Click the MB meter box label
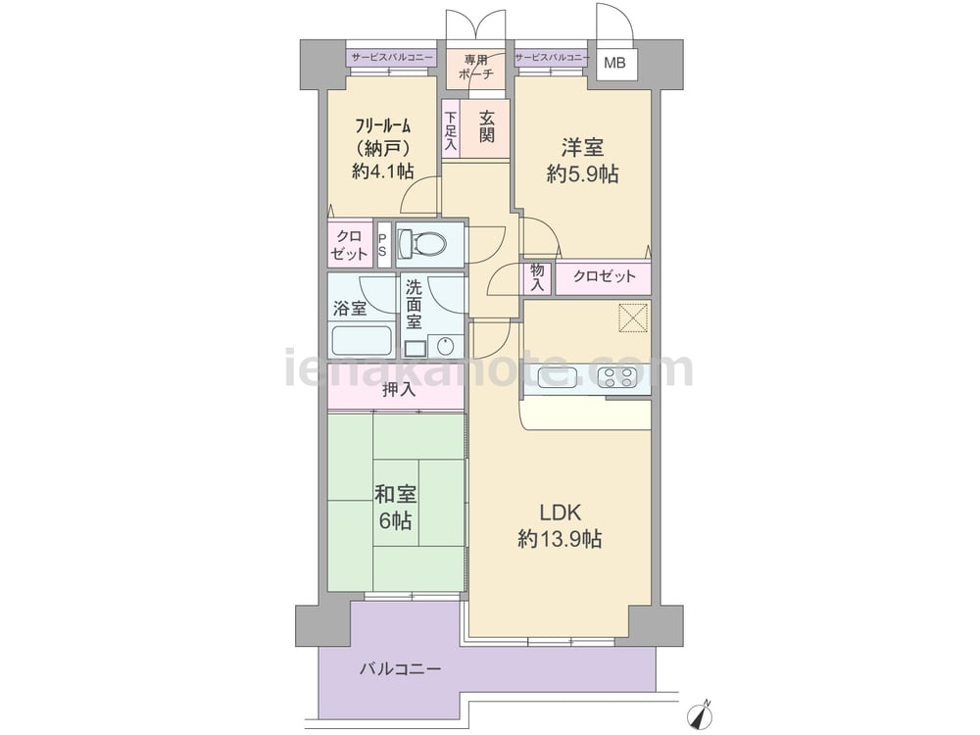click(x=613, y=63)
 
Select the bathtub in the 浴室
click(x=362, y=339)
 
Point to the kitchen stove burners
click(x=615, y=377)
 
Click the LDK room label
click(x=560, y=513)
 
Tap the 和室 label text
click(x=395, y=494)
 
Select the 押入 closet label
click(x=399, y=390)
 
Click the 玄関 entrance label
click(x=487, y=125)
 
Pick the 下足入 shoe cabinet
click(x=450, y=131)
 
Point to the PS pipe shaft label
click(x=382, y=244)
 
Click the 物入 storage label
click(x=537, y=277)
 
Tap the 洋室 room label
click(x=582, y=148)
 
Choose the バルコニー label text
click(x=400, y=669)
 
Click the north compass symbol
click(x=700, y=713)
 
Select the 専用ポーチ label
click(x=475, y=67)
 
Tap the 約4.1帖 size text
click(x=382, y=171)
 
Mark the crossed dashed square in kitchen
click(x=632, y=318)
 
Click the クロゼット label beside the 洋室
click(x=604, y=275)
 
